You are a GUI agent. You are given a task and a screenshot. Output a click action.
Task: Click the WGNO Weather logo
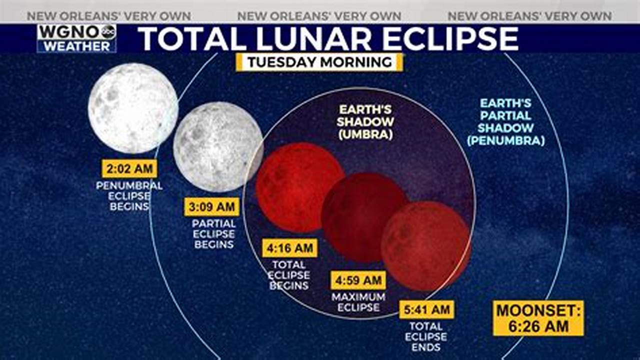pyautogui.click(x=76, y=38)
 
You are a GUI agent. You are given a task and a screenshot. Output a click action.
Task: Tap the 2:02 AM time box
pyautogui.click(x=129, y=169)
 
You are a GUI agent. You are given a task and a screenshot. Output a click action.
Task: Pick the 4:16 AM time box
pyautogui.click(x=289, y=248)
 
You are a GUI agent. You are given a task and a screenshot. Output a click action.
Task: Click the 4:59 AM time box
pyautogui.click(x=358, y=280)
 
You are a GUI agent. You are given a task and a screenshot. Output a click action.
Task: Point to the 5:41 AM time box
pyautogui.click(x=426, y=310)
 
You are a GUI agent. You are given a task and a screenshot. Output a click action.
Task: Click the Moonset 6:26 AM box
pyautogui.click(x=538, y=318)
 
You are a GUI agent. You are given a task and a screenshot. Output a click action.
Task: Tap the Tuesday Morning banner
pyautogui.click(x=319, y=62)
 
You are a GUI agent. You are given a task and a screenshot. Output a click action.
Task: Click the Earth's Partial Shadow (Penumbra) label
pyautogui.click(x=505, y=122)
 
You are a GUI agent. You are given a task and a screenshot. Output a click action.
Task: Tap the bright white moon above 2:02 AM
pyautogui.click(x=133, y=108)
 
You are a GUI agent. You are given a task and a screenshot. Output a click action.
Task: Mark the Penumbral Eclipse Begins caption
pyautogui.click(x=129, y=195)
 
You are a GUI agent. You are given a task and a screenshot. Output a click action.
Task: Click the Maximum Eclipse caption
pyautogui.click(x=358, y=302)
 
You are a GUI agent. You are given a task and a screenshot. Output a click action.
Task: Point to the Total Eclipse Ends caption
pyautogui.click(x=426, y=336)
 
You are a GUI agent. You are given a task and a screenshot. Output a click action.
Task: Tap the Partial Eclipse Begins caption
pyautogui.click(x=213, y=233)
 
